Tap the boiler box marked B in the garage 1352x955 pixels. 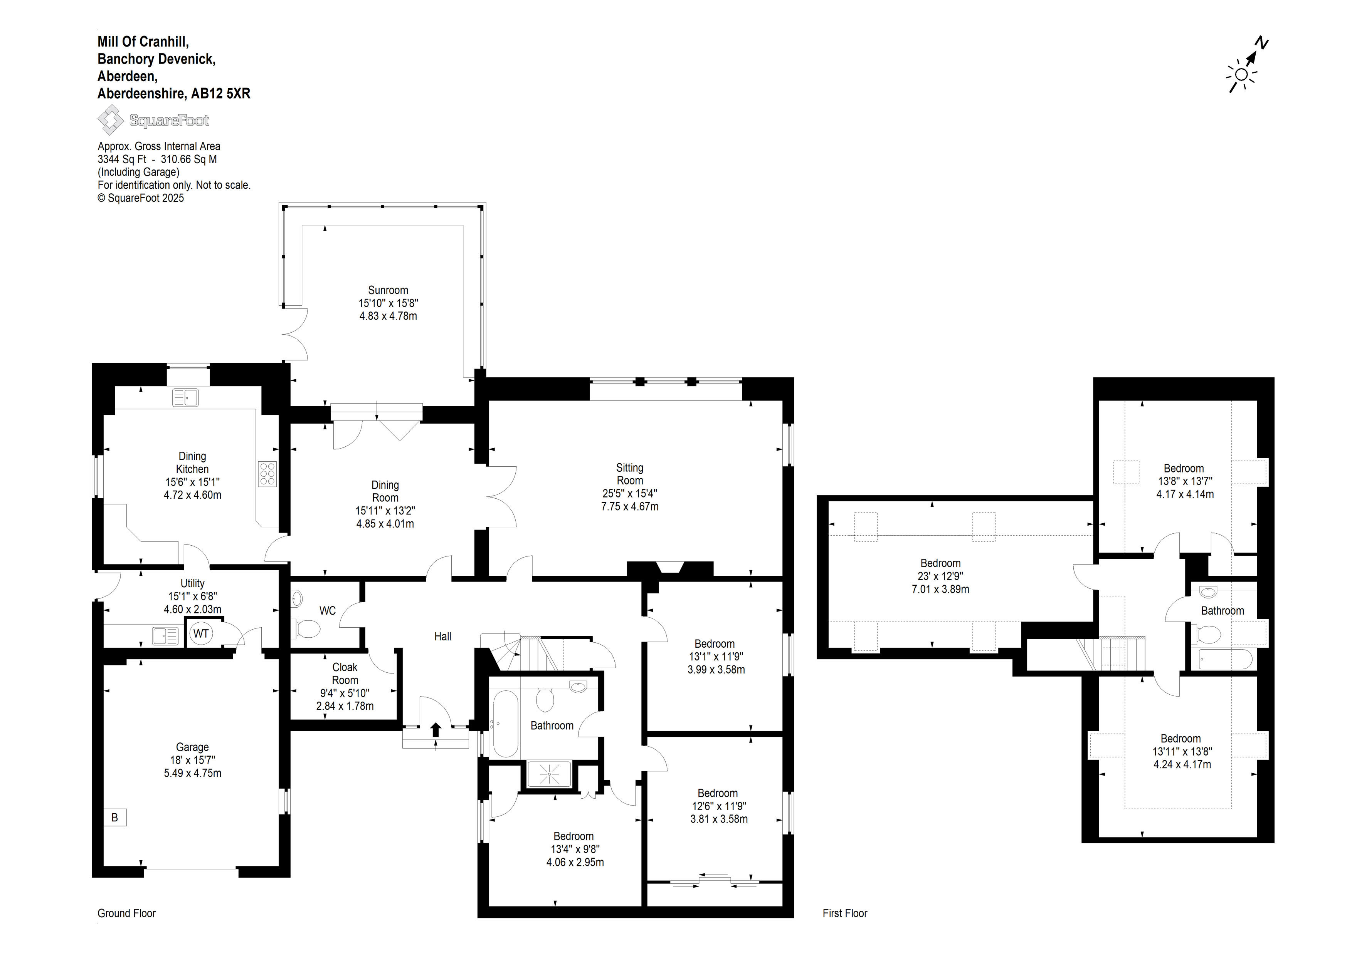[x=115, y=817]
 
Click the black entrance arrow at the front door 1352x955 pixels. [x=436, y=730]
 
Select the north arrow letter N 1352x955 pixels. [x=1261, y=43]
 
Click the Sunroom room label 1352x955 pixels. [x=388, y=290]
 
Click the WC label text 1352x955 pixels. [x=327, y=611]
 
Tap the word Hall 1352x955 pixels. [x=443, y=636]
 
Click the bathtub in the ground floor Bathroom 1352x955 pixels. [x=505, y=723]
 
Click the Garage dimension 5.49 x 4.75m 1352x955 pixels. [x=193, y=773]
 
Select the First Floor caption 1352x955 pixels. [x=845, y=913]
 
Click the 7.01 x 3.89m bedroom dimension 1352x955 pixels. [x=940, y=589]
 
